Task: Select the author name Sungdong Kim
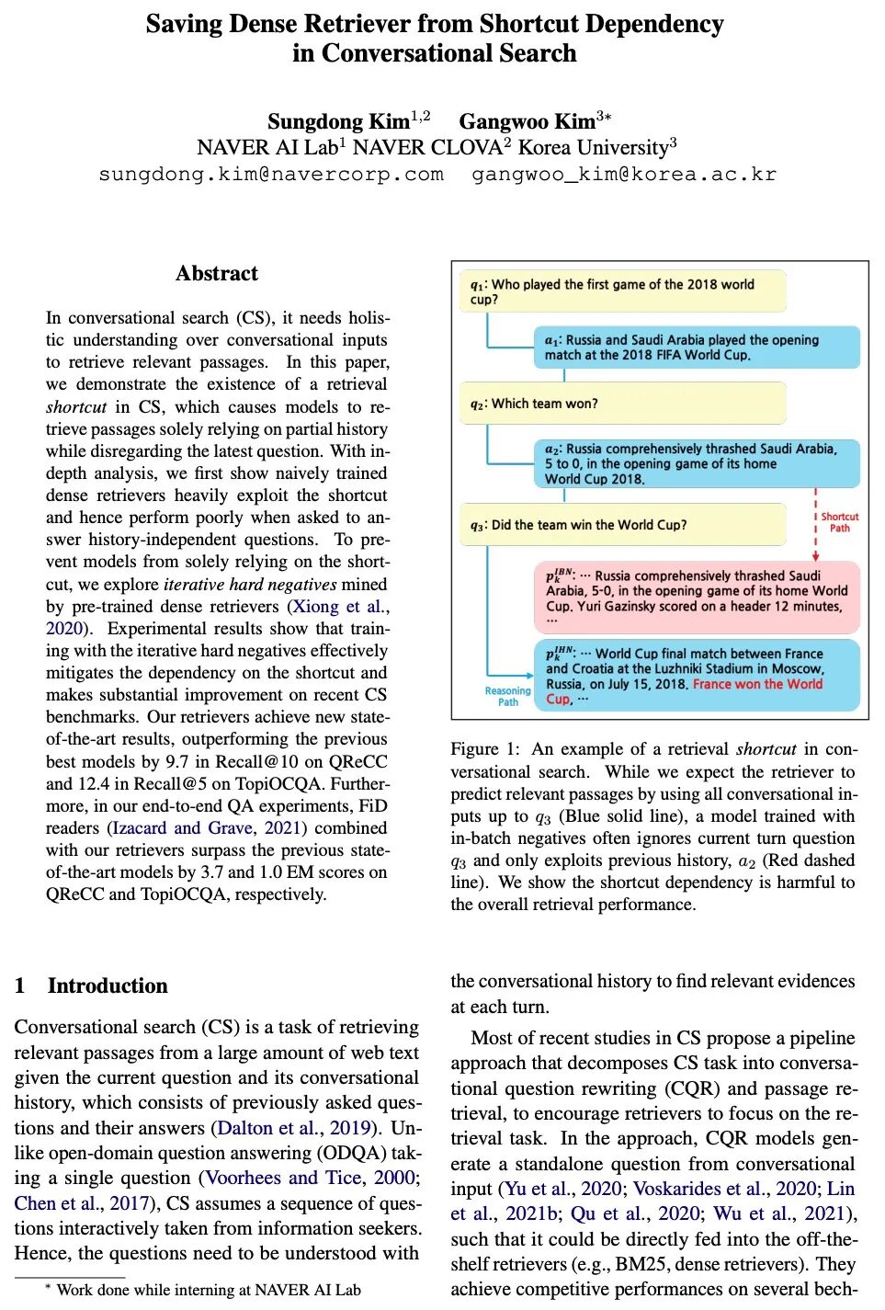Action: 338,121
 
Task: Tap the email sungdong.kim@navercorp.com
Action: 271,174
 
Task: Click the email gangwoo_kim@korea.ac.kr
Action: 623,174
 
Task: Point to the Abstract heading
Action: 217,273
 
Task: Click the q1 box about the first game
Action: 622,291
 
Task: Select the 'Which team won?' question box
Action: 622,404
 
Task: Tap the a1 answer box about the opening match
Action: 696,347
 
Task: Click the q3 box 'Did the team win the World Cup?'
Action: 622,525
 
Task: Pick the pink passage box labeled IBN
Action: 696,592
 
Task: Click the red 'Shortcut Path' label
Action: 839,522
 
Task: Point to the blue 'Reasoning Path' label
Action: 507,696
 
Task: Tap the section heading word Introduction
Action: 108,985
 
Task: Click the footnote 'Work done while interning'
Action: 209,1290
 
